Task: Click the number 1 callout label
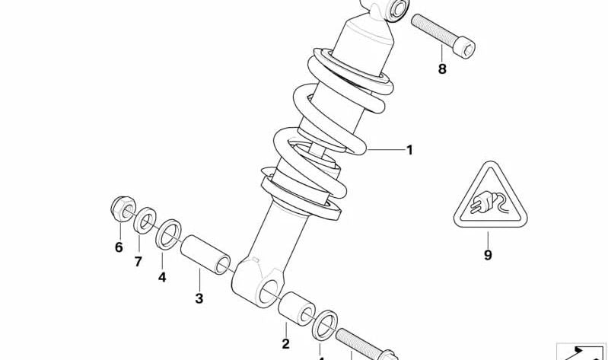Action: tap(409, 150)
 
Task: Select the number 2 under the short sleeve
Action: tap(286, 344)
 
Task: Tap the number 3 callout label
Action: tap(199, 298)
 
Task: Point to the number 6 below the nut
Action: tap(119, 247)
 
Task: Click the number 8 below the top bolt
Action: tap(442, 69)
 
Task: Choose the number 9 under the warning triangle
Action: tap(488, 255)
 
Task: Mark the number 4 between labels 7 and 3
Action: tap(162, 277)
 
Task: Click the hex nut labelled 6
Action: tap(121, 209)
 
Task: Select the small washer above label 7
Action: tap(144, 222)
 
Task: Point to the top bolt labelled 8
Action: tap(444, 34)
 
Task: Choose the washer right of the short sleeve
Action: tap(326, 324)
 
